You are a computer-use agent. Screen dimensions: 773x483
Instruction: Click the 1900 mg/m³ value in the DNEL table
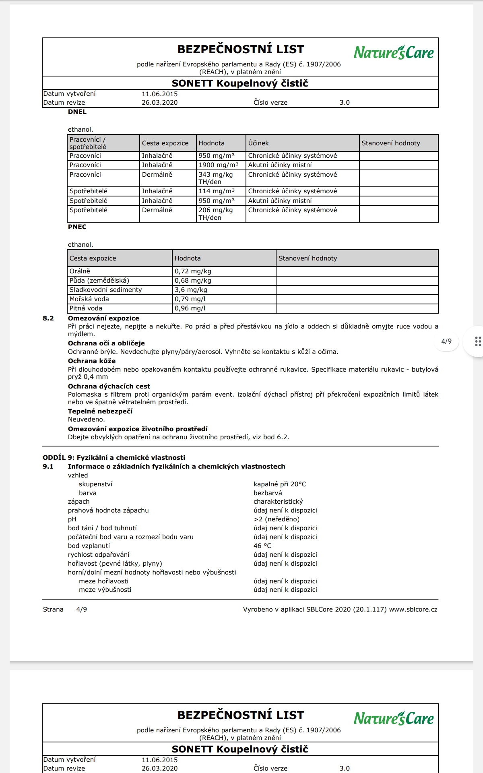point(218,165)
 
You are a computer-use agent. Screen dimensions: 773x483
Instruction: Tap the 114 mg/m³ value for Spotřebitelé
point(216,191)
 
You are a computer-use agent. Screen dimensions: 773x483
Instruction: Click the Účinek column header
point(258,143)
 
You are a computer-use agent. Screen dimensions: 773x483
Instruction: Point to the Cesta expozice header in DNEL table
point(165,143)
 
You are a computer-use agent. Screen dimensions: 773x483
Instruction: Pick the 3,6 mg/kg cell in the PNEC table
point(191,290)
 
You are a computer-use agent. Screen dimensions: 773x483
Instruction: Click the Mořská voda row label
point(89,299)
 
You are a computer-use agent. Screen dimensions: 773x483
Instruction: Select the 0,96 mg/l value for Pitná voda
point(190,308)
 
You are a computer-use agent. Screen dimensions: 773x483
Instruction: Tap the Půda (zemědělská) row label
point(99,281)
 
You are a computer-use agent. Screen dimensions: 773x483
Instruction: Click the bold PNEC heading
point(77,227)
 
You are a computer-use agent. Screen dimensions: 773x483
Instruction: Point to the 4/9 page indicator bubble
point(446,341)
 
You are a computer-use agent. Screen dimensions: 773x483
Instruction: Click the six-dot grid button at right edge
point(478,341)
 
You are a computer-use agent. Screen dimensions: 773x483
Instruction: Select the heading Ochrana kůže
point(91,361)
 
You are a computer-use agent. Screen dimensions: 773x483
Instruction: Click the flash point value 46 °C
point(262,546)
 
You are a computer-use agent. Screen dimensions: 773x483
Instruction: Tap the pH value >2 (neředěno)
point(277,519)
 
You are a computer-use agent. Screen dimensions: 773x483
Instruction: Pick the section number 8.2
point(48,318)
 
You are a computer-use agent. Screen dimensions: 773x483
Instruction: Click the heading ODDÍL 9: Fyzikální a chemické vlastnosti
point(114,458)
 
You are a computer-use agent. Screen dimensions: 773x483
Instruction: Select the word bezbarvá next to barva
point(268,493)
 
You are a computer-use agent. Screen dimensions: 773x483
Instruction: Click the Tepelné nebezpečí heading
point(100,411)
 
